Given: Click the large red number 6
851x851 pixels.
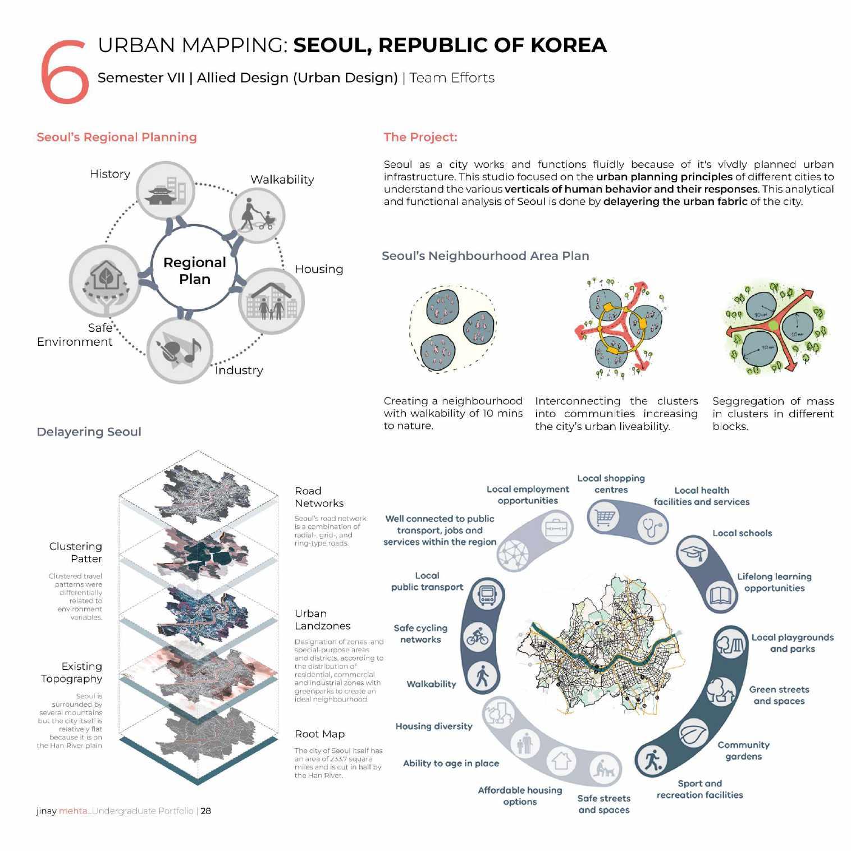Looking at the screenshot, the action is [x=65, y=71].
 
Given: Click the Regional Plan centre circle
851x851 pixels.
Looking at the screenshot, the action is [x=194, y=270].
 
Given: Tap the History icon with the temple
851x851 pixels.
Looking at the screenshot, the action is [x=166, y=191].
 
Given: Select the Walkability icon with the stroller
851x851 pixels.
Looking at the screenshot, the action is [x=258, y=216].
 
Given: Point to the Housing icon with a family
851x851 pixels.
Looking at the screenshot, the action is [x=272, y=301].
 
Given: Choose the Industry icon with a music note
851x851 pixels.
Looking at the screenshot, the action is [x=180, y=351].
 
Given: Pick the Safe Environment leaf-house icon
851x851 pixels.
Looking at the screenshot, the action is [x=105, y=280].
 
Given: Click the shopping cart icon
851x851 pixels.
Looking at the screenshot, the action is [x=603, y=518].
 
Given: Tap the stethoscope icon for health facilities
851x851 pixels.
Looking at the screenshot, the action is [x=652, y=528].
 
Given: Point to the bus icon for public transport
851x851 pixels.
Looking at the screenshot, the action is [x=486, y=595].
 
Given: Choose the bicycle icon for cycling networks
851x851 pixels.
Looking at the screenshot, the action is [x=478, y=637].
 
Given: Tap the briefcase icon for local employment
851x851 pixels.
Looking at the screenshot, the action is [x=556, y=528].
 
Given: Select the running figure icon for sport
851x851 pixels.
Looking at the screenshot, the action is [x=652, y=761].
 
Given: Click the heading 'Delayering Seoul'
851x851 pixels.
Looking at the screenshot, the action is [x=89, y=432].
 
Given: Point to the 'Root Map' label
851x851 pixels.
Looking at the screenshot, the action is [x=319, y=734].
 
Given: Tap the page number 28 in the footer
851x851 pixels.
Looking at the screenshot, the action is [x=206, y=811].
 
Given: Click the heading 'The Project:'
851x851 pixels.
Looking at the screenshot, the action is [x=420, y=137].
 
